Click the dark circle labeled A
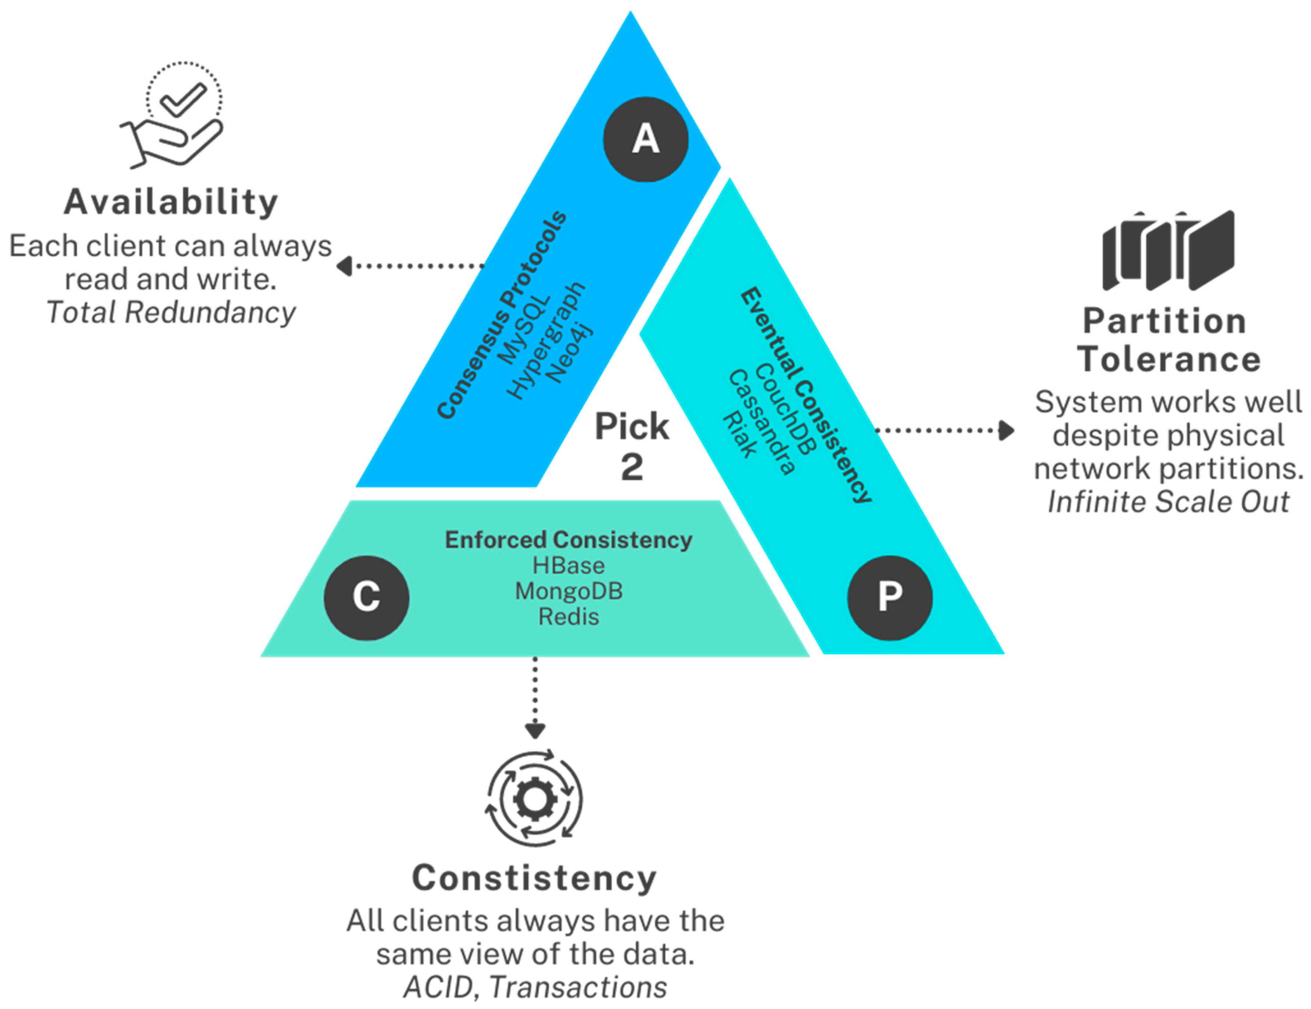[x=645, y=139]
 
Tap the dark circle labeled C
[x=366, y=598]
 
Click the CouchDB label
[x=784, y=409]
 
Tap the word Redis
[x=569, y=617]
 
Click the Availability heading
[x=171, y=202]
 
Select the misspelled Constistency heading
[x=534, y=878]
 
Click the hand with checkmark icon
[x=175, y=117]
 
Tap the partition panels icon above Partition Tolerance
[x=1167, y=251]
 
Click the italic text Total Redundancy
[x=171, y=312]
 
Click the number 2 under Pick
[x=632, y=467]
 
